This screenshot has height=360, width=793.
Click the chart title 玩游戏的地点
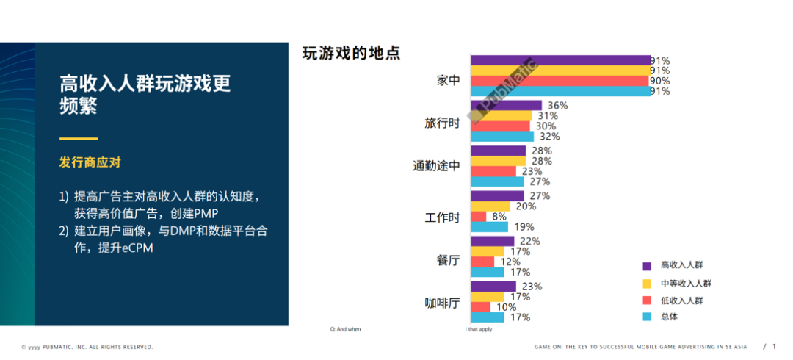[x=351, y=54]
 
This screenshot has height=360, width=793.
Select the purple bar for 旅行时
[x=506, y=106]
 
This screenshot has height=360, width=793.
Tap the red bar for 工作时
[x=478, y=217]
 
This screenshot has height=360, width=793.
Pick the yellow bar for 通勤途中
[x=498, y=161]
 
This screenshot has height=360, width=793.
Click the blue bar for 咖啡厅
[x=487, y=317]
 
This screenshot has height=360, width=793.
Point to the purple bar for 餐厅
[x=492, y=241]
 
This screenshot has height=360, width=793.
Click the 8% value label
[x=499, y=217]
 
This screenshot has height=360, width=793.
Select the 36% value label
[x=557, y=106]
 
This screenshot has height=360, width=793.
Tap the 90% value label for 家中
[x=659, y=81]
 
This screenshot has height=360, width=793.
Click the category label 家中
[x=448, y=81]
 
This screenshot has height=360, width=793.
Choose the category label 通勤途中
[x=436, y=166]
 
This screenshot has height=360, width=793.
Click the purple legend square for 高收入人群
[x=647, y=266]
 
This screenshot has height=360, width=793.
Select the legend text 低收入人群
[x=681, y=300]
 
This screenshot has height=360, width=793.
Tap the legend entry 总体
[x=669, y=317]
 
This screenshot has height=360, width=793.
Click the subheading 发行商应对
[x=90, y=162]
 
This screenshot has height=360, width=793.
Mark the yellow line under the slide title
[x=79, y=138]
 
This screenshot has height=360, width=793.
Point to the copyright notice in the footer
[x=87, y=347]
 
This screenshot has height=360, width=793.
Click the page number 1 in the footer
[x=774, y=346]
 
